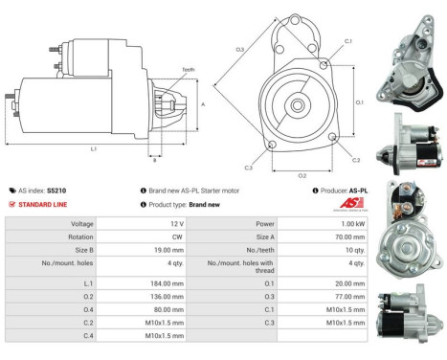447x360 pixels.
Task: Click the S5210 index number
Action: (57, 191)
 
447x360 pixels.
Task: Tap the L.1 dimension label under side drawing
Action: (92, 148)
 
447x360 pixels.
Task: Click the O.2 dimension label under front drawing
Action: (302, 175)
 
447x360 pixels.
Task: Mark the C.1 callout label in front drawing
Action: (348, 41)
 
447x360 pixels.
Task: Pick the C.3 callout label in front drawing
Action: (248, 168)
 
